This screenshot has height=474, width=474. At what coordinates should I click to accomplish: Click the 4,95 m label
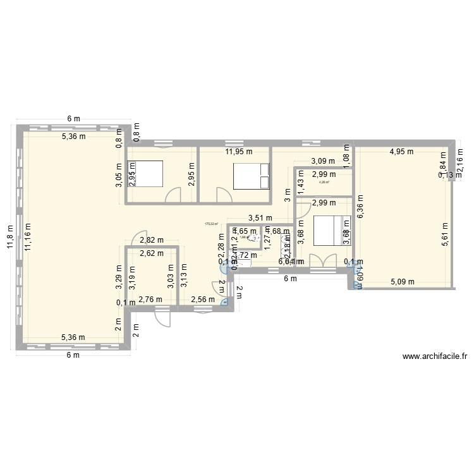401,152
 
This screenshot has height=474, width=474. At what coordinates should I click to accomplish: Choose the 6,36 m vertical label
360,205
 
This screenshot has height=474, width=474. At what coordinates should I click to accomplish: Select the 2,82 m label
152,240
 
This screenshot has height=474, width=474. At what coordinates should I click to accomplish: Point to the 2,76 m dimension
150,300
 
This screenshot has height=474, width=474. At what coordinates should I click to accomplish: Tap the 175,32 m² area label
211,223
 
